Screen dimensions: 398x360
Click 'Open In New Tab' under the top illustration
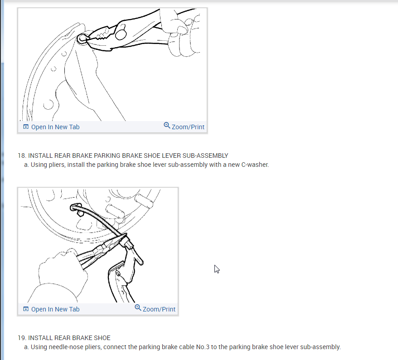coord(55,127)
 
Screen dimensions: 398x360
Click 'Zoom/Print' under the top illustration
coord(188,127)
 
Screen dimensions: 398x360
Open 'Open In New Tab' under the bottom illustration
coord(55,309)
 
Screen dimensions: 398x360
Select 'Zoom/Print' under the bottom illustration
coord(159,309)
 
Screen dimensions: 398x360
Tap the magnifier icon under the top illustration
coord(167,126)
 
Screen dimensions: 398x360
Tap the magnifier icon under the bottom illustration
coord(138,308)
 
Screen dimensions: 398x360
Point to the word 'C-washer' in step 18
coord(255,165)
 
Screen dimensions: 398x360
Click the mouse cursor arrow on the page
coord(217,269)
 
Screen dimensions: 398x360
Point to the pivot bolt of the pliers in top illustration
coord(121,33)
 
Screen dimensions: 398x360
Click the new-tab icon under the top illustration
coord(26,126)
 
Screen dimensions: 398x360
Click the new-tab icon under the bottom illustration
coord(26,309)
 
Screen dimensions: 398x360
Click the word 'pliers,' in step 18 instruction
coord(57,165)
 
